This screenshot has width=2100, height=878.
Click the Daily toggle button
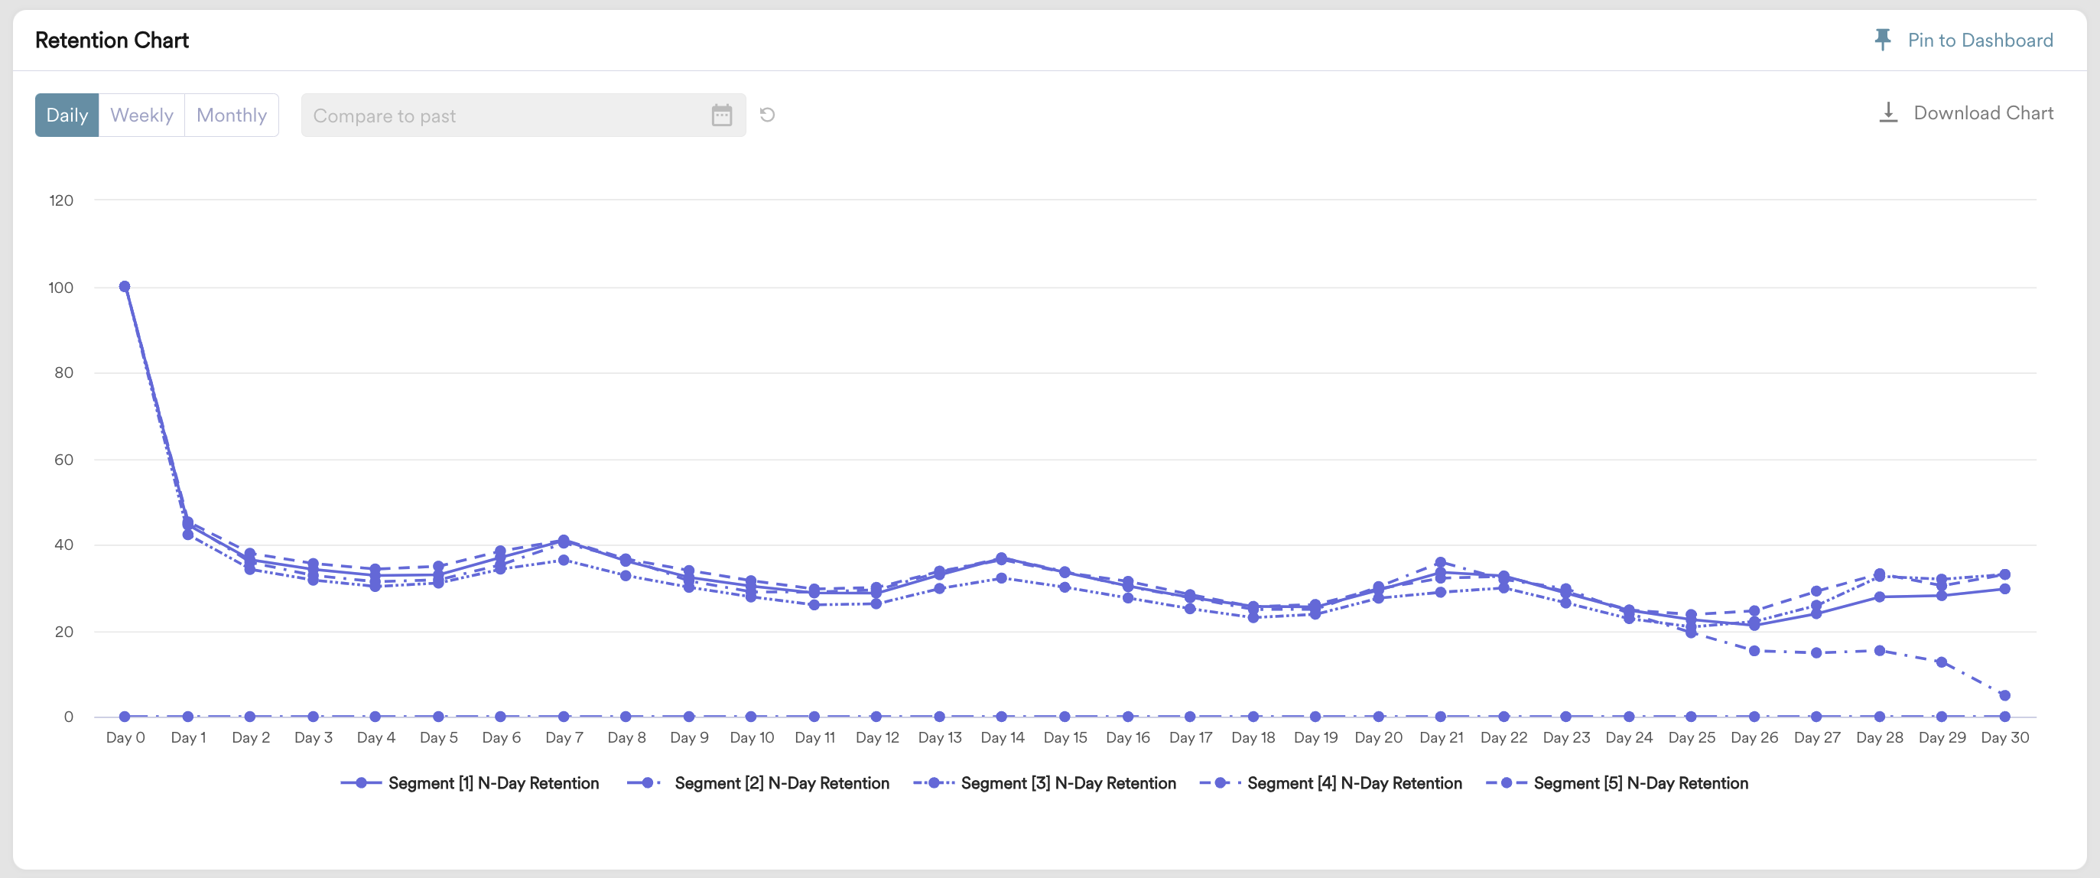[67, 115]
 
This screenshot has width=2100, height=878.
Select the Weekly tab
[141, 115]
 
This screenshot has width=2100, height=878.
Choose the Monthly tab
[232, 115]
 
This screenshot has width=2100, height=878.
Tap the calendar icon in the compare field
[721, 115]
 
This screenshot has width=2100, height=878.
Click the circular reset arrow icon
[767, 115]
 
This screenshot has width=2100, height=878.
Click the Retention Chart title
[112, 40]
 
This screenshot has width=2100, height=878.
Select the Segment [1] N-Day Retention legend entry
[470, 782]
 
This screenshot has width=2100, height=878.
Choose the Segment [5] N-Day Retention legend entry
[1617, 782]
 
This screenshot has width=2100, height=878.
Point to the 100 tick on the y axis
[61, 287]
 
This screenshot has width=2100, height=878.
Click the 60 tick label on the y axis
[63, 459]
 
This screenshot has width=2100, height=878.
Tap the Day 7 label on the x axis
[564, 737]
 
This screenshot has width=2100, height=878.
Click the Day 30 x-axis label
[2004, 737]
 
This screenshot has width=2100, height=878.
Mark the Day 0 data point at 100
[125, 286]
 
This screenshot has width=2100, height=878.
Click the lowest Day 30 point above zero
[2004, 695]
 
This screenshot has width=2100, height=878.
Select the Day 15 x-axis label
[1065, 737]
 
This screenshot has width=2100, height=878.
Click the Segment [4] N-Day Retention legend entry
[1331, 782]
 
